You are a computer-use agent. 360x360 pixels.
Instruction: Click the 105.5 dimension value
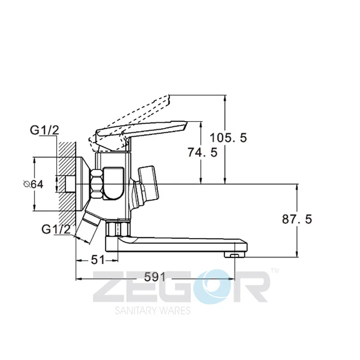coord(228,138)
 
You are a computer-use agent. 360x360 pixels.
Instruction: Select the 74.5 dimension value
coord(202,152)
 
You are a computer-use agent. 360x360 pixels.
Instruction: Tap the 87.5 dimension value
coord(297,219)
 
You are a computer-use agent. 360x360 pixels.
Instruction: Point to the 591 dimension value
coord(155,277)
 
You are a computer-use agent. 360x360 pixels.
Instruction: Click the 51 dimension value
coord(98,260)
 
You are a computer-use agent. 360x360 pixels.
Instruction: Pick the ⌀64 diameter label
coord(33,184)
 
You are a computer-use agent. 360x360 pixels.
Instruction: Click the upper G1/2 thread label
coord(45,130)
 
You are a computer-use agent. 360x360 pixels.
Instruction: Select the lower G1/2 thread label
coord(56,229)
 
